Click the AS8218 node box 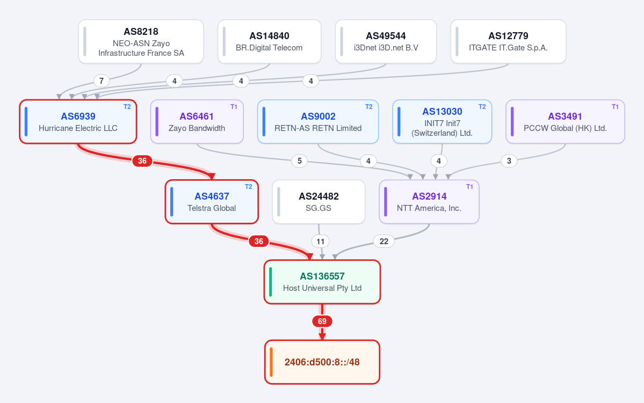(x=141, y=41)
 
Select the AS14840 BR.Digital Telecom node (x=270, y=41)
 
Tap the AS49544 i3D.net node (x=386, y=41)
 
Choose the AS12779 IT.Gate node (x=508, y=41)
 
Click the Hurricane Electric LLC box (x=78, y=122)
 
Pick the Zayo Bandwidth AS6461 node (x=197, y=122)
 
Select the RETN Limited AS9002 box (x=318, y=122)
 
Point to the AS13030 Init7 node (x=442, y=122)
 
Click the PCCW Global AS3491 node (x=565, y=122)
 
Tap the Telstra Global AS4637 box (x=212, y=202)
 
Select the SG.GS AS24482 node (x=319, y=202)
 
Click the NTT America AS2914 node (x=429, y=202)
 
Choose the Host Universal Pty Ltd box (x=322, y=282)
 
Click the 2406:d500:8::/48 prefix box (x=322, y=362)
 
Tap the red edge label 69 (x=322, y=321)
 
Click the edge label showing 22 (x=383, y=241)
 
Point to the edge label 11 (x=320, y=241)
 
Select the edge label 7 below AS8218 (x=102, y=81)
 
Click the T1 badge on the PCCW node (x=615, y=107)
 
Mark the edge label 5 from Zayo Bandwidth (x=299, y=161)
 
